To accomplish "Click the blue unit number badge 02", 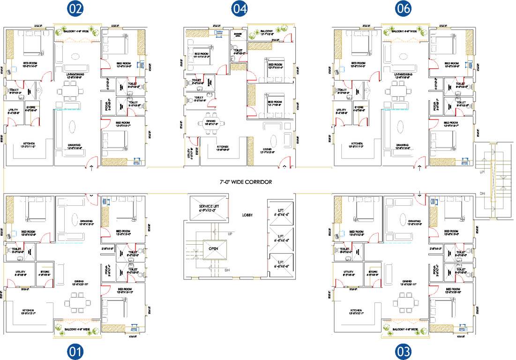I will (x=75, y=8).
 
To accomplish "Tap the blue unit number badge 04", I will (x=239, y=8).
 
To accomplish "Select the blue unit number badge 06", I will (x=404, y=8).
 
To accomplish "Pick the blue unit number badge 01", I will (x=75, y=351).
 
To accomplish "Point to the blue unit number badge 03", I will (x=404, y=351).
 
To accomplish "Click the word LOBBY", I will (x=248, y=215).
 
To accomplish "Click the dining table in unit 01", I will (x=75, y=302).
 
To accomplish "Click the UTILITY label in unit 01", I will (x=20, y=272).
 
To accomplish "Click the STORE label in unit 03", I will (x=373, y=272).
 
